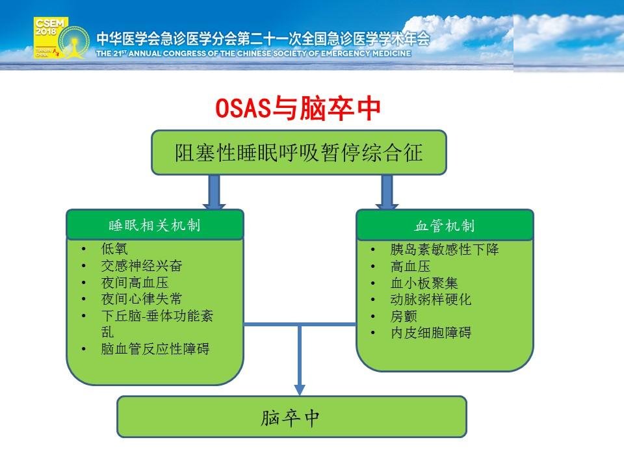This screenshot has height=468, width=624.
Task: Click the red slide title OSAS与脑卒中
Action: [298, 109]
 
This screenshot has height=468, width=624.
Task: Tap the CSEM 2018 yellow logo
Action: [51, 38]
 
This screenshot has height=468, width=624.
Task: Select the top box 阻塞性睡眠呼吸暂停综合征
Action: [299, 152]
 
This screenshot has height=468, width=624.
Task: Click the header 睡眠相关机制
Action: [155, 226]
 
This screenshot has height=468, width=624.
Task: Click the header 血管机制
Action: [445, 226]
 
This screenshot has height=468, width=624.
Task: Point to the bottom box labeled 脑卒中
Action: [292, 417]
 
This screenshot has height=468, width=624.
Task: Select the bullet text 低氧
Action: [114, 249]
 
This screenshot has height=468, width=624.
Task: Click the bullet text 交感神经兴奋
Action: [142, 265]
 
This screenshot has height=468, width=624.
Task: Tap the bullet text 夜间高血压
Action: [135, 282]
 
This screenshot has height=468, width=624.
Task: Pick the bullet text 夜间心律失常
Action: [142, 299]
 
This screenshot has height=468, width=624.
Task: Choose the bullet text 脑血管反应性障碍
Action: [155, 348]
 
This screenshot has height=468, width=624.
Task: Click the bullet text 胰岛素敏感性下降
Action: [445, 249]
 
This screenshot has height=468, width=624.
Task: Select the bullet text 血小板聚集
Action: [424, 283]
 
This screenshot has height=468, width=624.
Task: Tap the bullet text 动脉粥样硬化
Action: [431, 299]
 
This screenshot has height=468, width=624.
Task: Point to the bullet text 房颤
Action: [404, 316]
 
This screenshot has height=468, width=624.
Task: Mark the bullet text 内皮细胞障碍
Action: [431, 332]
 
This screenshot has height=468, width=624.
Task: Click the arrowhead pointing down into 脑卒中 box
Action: [300, 389]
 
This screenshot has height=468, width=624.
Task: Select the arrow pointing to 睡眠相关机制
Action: [214, 192]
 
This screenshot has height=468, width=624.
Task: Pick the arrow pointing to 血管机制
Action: [387, 192]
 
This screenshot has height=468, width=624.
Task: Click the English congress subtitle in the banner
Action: [253, 53]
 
